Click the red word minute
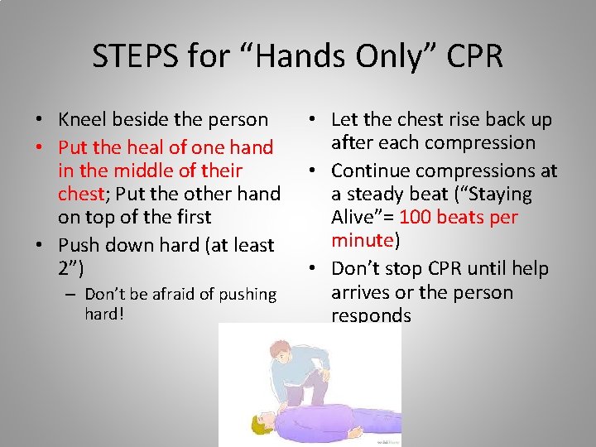click(363, 241)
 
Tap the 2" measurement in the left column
click(70, 267)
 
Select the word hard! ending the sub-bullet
click(103, 314)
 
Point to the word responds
click(371, 315)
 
